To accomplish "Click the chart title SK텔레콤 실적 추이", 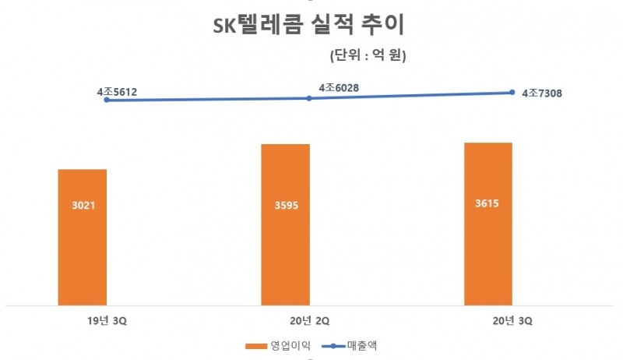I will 309,26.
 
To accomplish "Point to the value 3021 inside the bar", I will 82,206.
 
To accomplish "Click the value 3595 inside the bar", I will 285,206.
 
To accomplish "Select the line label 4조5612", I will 117,92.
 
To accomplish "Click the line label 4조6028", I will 340,88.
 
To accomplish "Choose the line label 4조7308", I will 542,94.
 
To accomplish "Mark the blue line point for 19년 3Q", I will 106,100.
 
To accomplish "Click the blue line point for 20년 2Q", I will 309,98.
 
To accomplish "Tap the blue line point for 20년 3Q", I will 512,92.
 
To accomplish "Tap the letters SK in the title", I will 225,26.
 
